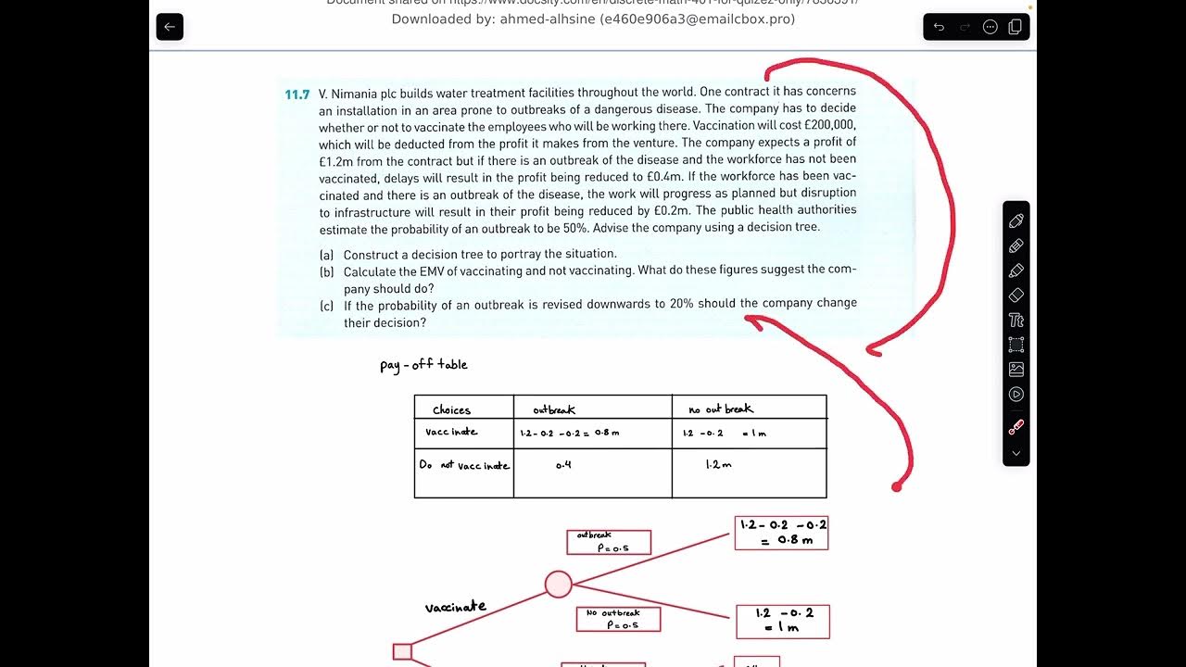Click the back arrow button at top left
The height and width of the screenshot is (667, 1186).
pyautogui.click(x=170, y=27)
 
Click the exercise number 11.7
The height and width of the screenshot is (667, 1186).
pyautogui.click(x=296, y=94)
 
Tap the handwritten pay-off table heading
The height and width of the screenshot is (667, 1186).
pyautogui.click(x=423, y=364)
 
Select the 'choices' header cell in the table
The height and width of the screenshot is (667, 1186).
pyautogui.click(x=452, y=409)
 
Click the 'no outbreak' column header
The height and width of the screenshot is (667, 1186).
pyautogui.click(x=721, y=409)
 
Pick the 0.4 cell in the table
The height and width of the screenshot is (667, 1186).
pyautogui.click(x=563, y=465)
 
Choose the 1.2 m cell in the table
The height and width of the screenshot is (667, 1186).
pyautogui.click(x=718, y=464)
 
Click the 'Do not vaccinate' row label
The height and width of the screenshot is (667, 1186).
pyautogui.click(x=464, y=465)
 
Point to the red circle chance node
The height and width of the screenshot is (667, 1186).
pyautogui.click(x=558, y=585)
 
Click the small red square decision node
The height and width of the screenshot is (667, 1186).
pyautogui.click(x=402, y=651)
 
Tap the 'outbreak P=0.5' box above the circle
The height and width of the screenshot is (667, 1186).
pyautogui.click(x=609, y=542)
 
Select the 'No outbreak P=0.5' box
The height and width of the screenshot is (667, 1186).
pyautogui.click(x=618, y=619)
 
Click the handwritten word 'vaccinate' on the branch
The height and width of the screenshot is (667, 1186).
pyautogui.click(x=455, y=607)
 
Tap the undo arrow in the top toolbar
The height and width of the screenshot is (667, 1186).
pyautogui.click(x=939, y=27)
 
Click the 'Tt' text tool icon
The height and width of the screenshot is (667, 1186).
pyautogui.click(x=1016, y=321)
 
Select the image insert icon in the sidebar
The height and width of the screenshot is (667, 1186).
pyautogui.click(x=1016, y=369)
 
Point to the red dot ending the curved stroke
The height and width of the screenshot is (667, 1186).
pyautogui.click(x=896, y=486)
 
